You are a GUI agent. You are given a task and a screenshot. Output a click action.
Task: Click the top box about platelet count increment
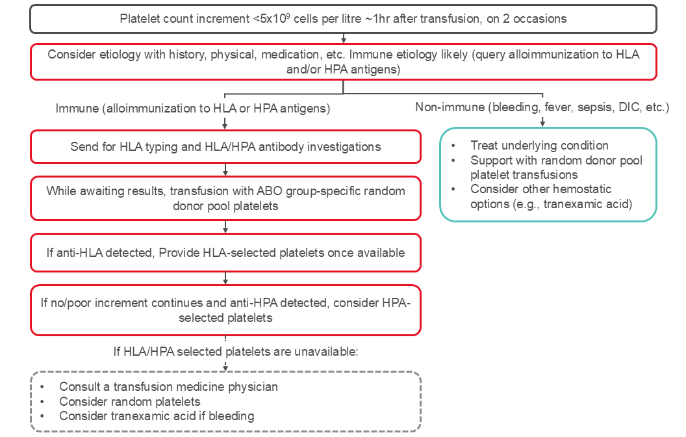(343, 19)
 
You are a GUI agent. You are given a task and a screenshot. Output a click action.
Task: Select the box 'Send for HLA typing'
(225, 147)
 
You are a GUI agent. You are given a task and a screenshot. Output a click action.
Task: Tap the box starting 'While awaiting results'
(225, 198)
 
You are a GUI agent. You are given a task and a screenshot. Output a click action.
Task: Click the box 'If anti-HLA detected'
(225, 252)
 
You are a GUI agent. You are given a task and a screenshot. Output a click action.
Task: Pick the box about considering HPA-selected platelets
(225, 311)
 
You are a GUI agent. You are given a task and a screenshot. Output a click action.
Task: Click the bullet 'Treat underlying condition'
(539, 146)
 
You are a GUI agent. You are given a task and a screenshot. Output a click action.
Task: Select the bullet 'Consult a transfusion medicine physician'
(168, 387)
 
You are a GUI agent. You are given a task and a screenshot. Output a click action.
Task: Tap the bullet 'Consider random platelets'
(130, 401)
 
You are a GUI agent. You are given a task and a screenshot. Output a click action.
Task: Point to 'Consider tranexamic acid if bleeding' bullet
(157, 416)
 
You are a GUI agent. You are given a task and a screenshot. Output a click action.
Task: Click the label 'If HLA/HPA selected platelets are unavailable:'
(236, 352)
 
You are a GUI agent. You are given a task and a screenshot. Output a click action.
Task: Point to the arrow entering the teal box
(542, 122)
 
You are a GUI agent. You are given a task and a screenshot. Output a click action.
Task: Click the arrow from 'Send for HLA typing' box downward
(225, 170)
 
